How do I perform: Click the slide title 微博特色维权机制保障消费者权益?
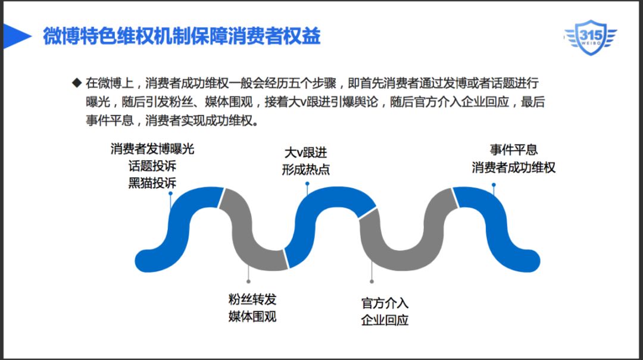pos(182,36)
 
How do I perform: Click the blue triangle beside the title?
pos(17,37)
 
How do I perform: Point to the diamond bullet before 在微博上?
pos(76,82)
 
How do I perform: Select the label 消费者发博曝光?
pos(152,149)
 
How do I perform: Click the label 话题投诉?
pos(152,165)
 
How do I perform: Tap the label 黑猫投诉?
pos(152,182)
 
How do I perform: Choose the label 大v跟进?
pos(306,153)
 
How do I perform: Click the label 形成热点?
pos(306,169)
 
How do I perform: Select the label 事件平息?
pos(514,151)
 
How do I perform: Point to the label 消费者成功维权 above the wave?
pos(514,167)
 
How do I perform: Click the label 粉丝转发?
pos(252,299)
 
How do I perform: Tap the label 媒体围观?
pos(252,315)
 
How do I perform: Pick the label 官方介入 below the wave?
pos(385,303)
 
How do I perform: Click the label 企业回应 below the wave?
pos(385,320)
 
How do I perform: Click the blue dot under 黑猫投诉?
pos(171,193)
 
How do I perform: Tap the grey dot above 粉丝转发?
pos(248,281)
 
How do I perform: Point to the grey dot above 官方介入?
pos(372,281)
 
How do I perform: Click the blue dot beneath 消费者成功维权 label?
pos(494,184)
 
